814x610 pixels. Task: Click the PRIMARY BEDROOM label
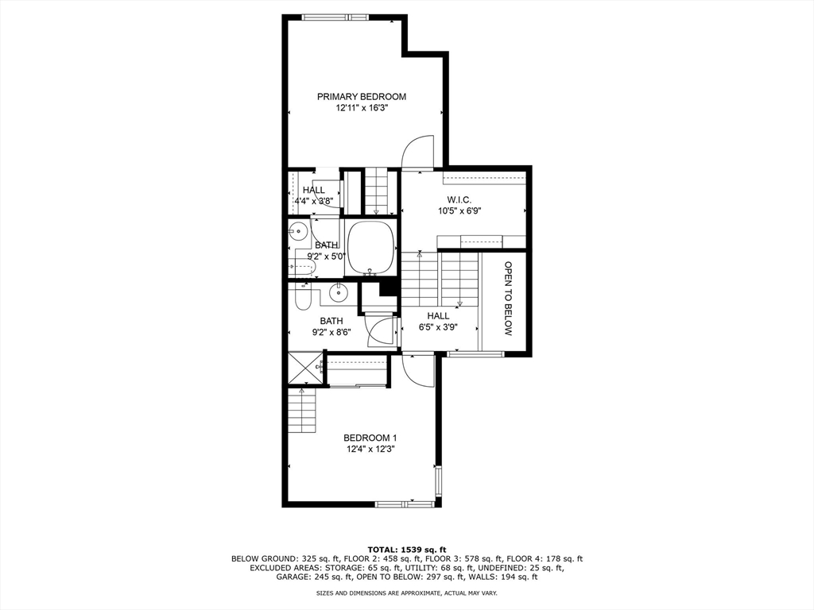coord(362,97)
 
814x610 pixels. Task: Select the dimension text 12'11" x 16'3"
coord(362,109)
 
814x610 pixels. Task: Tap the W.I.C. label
coord(459,199)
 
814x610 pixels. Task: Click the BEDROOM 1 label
coord(370,438)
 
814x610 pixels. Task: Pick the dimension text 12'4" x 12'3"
coord(370,450)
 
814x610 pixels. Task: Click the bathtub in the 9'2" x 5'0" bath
coord(372,245)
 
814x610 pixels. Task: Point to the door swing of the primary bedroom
coord(418,153)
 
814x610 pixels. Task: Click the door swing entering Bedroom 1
coord(418,370)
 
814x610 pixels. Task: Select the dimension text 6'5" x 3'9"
coord(439,326)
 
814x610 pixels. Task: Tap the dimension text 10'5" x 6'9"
coord(459,211)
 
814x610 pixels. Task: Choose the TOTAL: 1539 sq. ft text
coord(406,549)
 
